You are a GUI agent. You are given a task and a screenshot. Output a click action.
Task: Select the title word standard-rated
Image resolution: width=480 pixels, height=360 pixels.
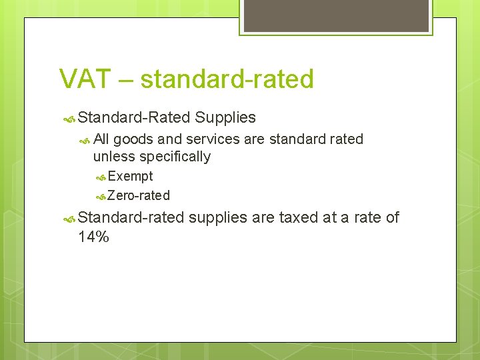pos(227,79)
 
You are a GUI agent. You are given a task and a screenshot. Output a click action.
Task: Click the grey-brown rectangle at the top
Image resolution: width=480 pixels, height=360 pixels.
pos(335,16)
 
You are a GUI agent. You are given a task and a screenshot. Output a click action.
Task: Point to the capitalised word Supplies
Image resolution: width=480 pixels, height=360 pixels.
pos(225,118)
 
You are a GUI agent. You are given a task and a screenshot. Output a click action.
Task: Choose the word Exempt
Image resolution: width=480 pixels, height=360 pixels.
pos(130,177)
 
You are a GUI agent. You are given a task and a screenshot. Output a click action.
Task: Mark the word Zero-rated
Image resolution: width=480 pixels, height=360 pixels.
pos(139,196)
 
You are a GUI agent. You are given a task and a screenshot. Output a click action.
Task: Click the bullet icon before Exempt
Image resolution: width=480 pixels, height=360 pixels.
pos(101,177)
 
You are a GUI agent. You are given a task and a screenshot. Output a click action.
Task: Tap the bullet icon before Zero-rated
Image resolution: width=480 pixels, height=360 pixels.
pos(101,197)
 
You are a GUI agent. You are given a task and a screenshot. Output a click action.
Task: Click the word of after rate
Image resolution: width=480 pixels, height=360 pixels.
pos(391,217)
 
